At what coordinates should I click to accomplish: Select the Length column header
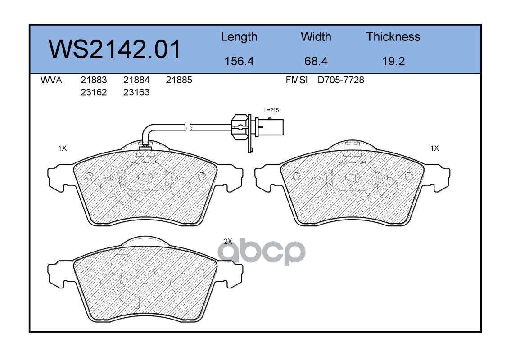[x=239, y=37]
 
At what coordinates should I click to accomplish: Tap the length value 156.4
[x=239, y=61]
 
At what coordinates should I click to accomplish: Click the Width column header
[x=316, y=37]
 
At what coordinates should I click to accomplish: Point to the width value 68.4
[x=316, y=61]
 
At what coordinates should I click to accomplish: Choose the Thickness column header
[x=393, y=37]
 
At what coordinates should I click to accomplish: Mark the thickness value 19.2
[x=393, y=61]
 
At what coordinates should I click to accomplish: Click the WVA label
[x=51, y=80]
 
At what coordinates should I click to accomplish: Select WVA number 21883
[x=94, y=80]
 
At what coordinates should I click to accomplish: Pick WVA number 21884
[x=136, y=80]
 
